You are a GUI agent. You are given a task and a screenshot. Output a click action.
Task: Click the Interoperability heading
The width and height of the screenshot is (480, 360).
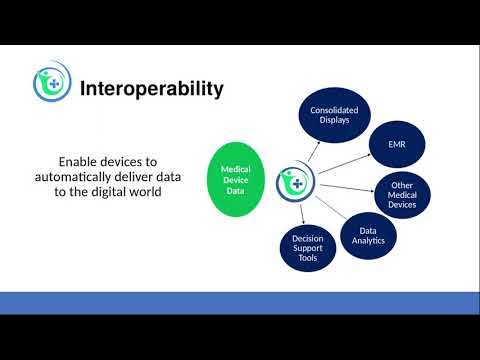(152, 89)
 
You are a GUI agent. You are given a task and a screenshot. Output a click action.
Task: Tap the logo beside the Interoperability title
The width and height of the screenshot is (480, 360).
(49, 85)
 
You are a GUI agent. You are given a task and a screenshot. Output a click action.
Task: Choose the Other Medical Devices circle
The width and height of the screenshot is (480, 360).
(402, 195)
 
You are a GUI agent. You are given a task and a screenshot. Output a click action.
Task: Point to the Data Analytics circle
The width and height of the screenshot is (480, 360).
(364, 234)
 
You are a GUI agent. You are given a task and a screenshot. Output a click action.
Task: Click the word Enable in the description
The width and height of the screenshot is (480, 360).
(83, 161)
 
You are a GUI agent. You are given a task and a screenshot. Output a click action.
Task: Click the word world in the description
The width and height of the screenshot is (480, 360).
(149, 191)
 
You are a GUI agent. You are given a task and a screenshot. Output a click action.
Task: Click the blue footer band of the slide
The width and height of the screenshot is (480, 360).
(240, 303)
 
